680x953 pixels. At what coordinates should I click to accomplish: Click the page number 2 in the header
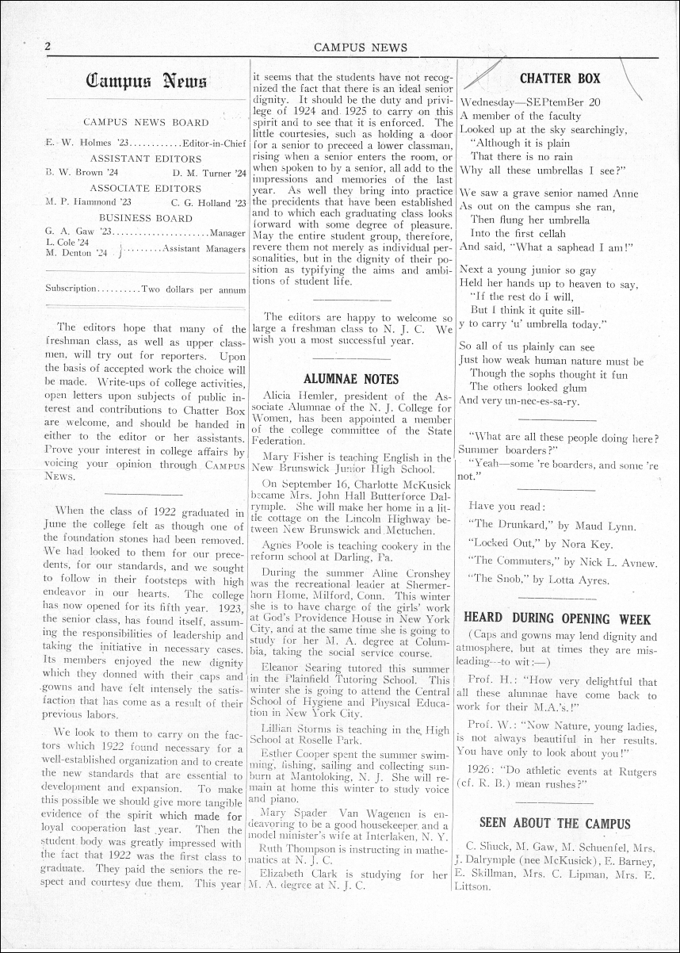click(48, 46)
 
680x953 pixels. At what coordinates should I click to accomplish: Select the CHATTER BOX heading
click(560, 78)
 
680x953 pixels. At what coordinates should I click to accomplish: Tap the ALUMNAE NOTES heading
click(351, 379)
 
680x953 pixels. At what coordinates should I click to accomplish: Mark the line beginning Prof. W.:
click(558, 725)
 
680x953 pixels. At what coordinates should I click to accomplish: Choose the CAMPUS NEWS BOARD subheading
click(146, 123)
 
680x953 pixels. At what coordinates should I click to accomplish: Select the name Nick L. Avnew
click(618, 562)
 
